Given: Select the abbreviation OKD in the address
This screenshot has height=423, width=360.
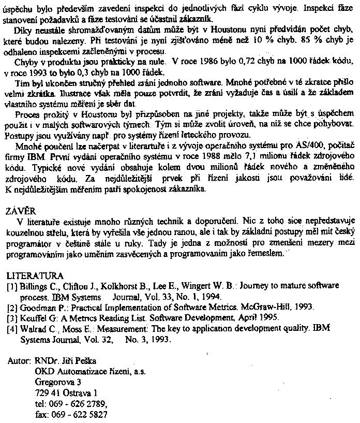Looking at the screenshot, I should pyautogui.click(x=44, y=371).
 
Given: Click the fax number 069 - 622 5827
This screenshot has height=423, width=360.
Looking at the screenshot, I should pyautogui.click(x=79, y=415).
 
